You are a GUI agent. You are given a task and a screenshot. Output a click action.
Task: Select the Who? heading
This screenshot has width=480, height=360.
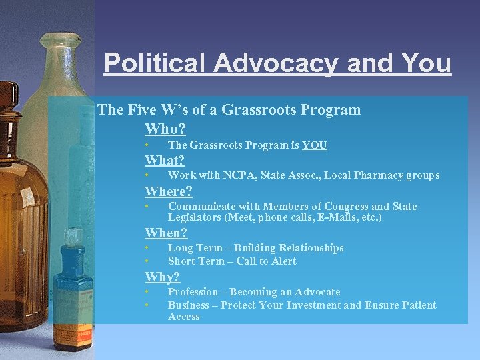point(165,128)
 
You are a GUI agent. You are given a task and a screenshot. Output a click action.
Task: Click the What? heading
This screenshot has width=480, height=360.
point(165,160)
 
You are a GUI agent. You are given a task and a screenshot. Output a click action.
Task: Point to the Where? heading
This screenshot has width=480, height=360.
point(169,191)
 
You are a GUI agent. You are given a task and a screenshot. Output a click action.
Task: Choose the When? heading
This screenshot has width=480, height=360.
point(167,233)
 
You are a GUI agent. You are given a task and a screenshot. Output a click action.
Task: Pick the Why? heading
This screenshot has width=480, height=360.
point(163,277)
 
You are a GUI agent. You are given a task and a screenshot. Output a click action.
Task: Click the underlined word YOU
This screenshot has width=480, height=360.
point(315,145)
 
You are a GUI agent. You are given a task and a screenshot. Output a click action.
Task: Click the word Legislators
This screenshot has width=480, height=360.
point(195,217)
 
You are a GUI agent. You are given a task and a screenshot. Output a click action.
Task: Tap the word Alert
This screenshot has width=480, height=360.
point(284,261)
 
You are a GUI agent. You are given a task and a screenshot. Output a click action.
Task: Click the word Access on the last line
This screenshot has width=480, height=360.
point(184,317)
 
